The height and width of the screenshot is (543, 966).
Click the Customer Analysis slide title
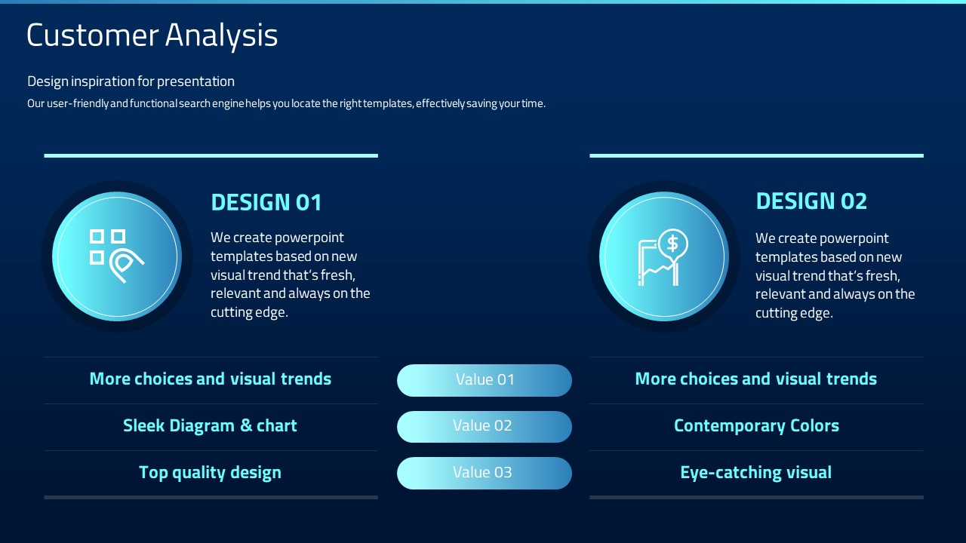(152, 35)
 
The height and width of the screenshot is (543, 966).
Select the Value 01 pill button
(485, 380)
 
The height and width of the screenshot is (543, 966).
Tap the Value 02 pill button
(485, 426)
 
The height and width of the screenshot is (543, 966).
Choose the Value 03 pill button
(485, 473)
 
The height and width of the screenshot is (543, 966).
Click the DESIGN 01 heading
(266, 202)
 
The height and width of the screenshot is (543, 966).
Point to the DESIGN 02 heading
(811, 201)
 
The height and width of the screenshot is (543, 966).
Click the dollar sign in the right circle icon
(672, 244)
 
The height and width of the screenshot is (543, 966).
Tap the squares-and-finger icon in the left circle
(116, 256)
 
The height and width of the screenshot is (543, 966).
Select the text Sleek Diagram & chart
(210, 426)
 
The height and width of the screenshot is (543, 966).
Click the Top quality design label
(210, 473)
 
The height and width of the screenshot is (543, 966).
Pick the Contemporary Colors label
(756, 426)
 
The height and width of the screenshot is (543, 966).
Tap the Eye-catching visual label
(756, 472)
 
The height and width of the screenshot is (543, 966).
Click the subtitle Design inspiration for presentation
(131, 81)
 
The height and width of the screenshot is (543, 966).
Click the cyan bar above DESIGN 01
(211, 155)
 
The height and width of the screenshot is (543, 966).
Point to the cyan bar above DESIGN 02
(756, 155)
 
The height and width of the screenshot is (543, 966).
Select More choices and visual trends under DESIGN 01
(210, 379)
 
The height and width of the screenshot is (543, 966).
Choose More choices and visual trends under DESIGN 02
(756, 379)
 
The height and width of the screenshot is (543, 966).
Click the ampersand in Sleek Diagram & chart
(246, 425)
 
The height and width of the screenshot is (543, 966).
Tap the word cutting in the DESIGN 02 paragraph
(771, 313)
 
